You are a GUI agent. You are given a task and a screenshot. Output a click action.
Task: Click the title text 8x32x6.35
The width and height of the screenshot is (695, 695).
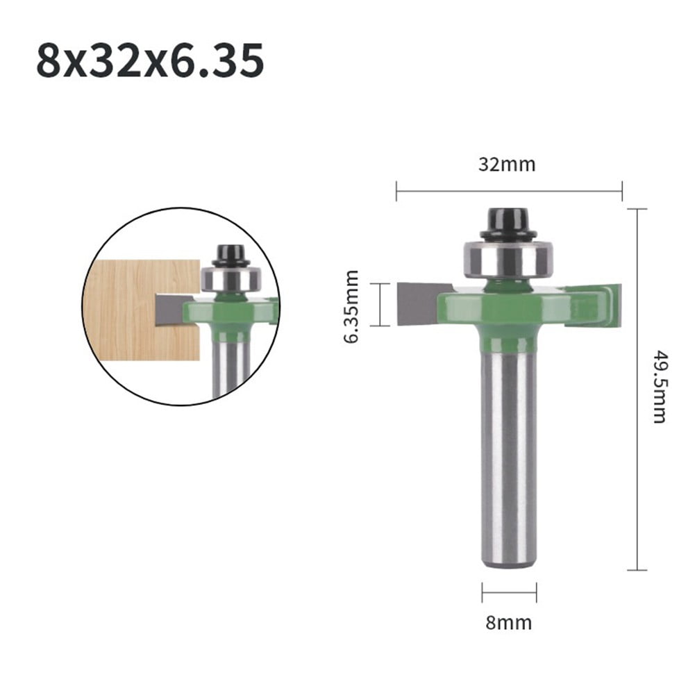[x=150, y=61]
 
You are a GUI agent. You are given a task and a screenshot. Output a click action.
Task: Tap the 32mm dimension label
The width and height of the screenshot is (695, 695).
[x=507, y=165]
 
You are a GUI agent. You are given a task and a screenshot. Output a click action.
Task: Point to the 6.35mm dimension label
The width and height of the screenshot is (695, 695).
[x=351, y=306]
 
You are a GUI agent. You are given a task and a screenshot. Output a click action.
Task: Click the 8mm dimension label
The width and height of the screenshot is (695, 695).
[x=510, y=623]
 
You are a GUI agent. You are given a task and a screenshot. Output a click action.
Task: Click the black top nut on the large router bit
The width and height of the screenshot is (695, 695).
[x=508, y=222]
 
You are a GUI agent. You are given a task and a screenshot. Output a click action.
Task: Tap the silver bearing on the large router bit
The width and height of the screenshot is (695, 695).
[x=508, y=258]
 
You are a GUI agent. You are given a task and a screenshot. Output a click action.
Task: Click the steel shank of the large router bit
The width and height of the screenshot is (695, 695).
[x=509, y=451]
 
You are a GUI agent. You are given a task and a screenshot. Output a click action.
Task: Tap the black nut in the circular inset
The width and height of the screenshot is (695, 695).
[x=231, y=256]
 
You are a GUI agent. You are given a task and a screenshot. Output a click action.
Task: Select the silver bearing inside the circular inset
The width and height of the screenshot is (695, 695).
[x=231, y=280]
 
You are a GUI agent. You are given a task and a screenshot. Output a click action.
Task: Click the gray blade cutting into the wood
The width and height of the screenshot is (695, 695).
[x=169, y=308]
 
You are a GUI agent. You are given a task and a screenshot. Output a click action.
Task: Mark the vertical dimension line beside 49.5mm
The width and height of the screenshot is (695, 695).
[x=637, y=389]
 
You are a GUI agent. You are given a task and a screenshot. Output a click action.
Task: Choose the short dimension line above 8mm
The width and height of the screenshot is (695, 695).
[x=509, y=593]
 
